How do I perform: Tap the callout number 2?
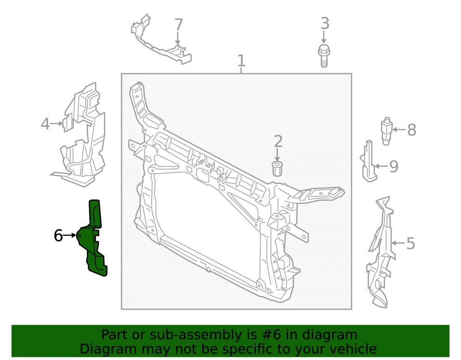(x=278, y=142)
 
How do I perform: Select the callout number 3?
(x=325, y=24)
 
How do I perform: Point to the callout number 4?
(x=45, y=124)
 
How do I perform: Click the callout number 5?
(x=410, y=243)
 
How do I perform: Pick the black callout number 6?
(x=58, y=236)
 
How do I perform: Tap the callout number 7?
(x=178, y=25)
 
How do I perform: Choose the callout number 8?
(x=412, y=130)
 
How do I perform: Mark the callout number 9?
(x=394, y=166)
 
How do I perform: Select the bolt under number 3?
(x=324, y=56)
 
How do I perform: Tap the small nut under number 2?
(x=277, y=169)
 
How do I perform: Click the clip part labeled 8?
(x=387, y=131)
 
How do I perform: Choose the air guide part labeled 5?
(x=381, y=253)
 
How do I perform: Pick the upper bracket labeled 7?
(x=160, y=41)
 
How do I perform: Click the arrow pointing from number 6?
(x=70, y=236)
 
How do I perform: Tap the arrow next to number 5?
(x=398, y=243)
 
